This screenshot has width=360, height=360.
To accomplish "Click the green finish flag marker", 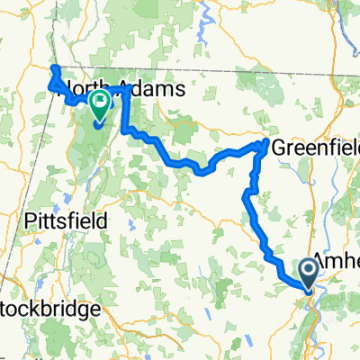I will pos(98,105).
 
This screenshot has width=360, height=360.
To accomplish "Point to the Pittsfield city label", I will pos(67,220).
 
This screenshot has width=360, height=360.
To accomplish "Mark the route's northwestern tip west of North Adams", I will pos(52,69).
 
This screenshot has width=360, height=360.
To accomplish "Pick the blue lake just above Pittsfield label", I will pos(67,200).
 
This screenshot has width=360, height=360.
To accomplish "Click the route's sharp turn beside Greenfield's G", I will pos(264,144).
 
